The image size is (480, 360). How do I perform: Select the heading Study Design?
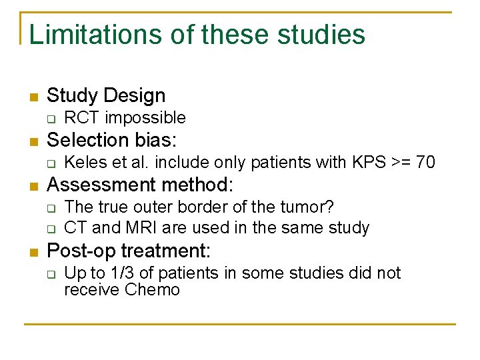coord(106,95)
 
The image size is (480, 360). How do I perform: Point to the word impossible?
coord(145,118)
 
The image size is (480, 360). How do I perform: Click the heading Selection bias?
coord(112,140)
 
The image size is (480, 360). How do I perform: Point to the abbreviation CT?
coord(75,227)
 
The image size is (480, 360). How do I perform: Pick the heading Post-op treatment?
coord(129,251)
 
